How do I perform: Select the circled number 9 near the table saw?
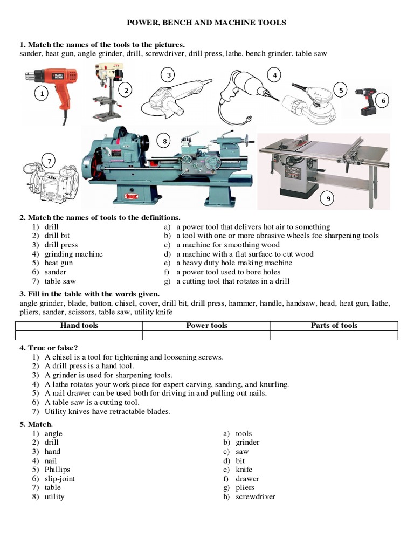coord(328,199)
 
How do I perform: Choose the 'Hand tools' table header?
coord(79,326)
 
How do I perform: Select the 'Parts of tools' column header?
coord(334,326)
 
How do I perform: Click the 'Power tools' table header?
coord(206,326)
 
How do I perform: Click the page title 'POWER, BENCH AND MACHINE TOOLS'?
coord(206,23)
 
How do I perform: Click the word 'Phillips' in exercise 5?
coord(57,470)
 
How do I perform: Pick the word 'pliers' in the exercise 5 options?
coord(245,488)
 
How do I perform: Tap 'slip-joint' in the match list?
coord(59,479)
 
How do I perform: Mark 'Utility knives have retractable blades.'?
coord(107,411)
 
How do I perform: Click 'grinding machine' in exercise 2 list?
coord(73,254)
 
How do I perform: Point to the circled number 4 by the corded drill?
coord(274,75)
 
